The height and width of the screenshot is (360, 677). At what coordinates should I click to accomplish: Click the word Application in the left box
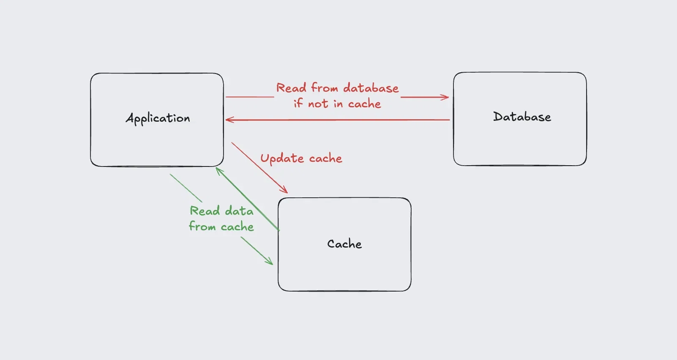(158, 118)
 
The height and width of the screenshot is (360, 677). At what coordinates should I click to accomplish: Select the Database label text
(522, 117)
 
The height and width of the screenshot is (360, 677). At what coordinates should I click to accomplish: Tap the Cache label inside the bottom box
(344, 244)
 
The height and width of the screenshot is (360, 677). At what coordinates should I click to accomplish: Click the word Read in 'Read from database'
(291, 88)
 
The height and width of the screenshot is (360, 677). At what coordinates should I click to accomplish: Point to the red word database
(371, 88)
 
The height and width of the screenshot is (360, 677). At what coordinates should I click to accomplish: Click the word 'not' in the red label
(318, 104)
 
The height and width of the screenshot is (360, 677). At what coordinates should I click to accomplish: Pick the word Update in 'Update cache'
(282, 159)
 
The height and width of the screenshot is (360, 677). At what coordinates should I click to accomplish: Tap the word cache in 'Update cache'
(325, 158)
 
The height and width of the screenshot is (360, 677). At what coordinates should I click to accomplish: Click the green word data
(239, 211)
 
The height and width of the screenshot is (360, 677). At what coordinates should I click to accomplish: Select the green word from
(202, 226)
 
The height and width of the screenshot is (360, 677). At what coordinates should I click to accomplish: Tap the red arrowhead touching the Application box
(229, 120)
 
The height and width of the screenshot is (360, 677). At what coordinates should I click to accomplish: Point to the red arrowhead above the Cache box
(284, 190)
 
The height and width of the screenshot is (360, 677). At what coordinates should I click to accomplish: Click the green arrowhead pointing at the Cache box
(270, 262)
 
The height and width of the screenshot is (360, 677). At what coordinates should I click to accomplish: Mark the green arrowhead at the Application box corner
(218, 170)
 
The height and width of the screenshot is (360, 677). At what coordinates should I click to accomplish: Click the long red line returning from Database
(338, 120)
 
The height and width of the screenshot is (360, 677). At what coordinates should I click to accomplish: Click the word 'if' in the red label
(298, 103)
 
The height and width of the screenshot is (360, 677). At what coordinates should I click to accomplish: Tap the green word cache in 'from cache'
(237, 227)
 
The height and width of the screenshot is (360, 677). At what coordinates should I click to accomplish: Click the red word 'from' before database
(325, 88)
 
